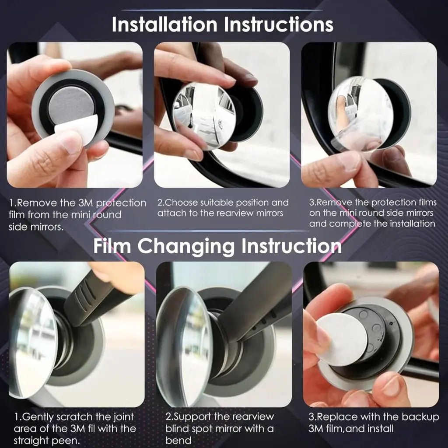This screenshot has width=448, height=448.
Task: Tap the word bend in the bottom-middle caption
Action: coord(178,440)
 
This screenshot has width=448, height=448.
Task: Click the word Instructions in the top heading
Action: coord(278,24)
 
